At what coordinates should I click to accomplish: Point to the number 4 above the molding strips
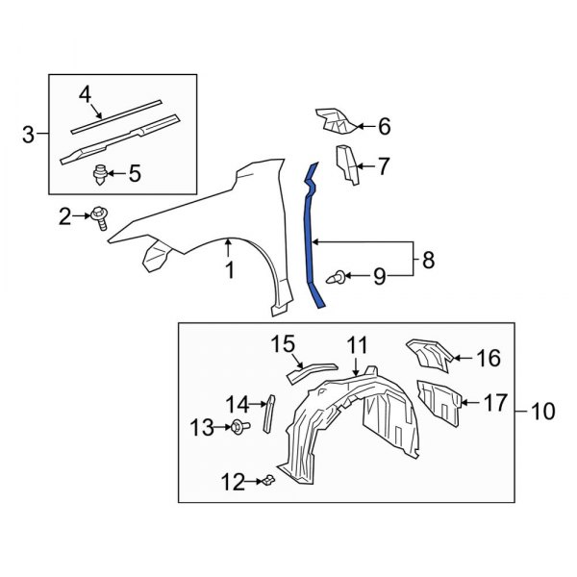(x=85, y=93)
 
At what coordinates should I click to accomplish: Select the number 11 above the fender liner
(x=357, y=344)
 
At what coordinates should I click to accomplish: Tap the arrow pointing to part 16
(x=462, y=359)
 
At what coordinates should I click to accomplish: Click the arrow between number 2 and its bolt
(x=83, y=217)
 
